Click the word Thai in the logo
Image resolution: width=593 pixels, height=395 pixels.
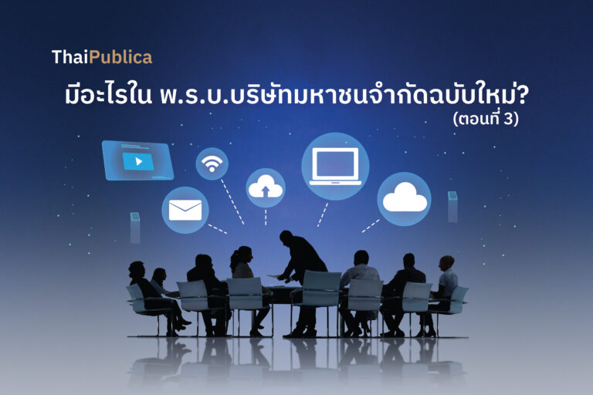point(70,57)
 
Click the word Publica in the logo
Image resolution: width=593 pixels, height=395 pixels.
point(121,57)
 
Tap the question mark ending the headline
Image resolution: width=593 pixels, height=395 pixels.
point(521,95)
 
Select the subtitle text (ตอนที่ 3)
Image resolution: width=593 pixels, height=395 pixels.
point(486,119)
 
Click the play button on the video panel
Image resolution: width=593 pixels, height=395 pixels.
point(138,162)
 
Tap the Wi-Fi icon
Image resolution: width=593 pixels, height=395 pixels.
point(212,164)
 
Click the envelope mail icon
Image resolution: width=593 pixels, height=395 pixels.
point(185,210)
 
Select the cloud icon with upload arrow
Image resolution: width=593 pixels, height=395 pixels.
point(266,187)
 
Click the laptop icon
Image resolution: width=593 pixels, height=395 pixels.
point(335,167)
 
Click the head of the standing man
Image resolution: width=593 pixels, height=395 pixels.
point(286,238)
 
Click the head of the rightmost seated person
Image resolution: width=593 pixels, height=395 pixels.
point(447,263)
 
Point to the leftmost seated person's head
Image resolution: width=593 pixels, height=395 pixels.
point(136,269)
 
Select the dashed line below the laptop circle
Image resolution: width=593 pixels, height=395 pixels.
point(323,214)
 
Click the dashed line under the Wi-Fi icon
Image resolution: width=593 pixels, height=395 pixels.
point(232,202)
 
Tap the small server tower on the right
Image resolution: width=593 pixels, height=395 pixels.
point(452,207)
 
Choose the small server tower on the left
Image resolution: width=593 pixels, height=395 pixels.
point(135,227)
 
